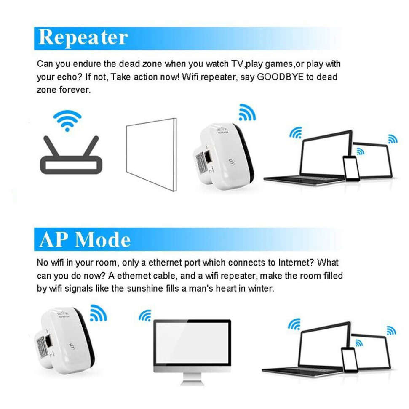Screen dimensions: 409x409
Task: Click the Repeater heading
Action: pyautogui.click(x=83, y=38)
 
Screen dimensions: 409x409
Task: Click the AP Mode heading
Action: pyautogui.click(x=85, y=239)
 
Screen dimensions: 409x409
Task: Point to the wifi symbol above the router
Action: pyautogui.click(x=67, y=120)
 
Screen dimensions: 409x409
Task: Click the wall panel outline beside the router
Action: pyautogui.click(x=151, y=154)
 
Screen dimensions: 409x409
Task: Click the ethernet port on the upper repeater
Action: pyautogui.click(x=207, y=159)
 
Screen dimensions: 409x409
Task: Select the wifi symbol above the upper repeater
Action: pyautogui.click(x=246, y=112)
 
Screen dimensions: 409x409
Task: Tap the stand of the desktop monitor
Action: pyautogui.click(x=192, y=377)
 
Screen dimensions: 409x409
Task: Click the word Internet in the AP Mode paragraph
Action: pyautogui.click(x=295, y=263)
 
